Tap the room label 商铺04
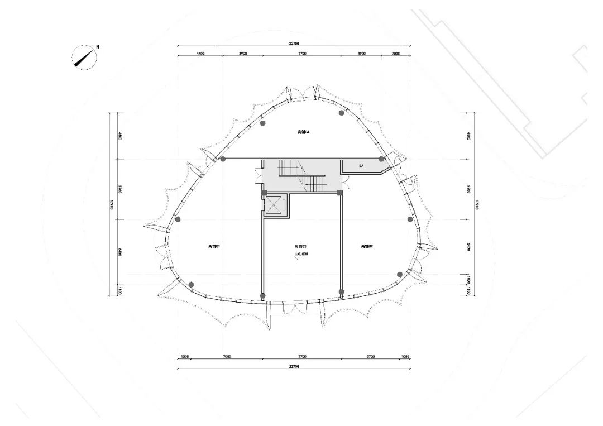coord(303,132)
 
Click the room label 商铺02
coord(366,246)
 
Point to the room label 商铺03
coord(300,246)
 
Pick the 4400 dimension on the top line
coord(200,54)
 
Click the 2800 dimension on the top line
coord(395,54)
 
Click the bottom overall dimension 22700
coord(295,367)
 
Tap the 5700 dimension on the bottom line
coord(370,356)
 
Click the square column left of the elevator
coord(264,193)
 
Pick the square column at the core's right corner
coord(339,193)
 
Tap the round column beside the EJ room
coord(382,159)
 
